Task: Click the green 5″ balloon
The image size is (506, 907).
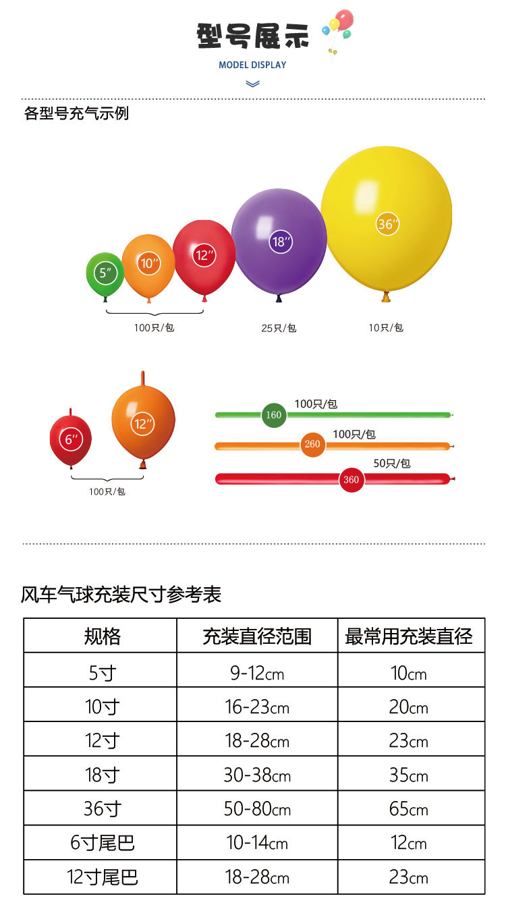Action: click(105, 273)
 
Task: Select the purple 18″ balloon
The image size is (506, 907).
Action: click(279, 241)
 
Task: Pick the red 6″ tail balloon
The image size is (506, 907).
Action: click(70, 440)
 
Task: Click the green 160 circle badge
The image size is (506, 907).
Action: click(273, 415)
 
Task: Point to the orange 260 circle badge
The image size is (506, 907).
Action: click(312, 445)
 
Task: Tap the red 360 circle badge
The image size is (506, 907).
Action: click(351, 480)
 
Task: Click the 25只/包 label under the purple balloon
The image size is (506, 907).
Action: click(279, 328)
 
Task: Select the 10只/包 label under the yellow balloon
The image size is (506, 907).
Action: click(386, 327)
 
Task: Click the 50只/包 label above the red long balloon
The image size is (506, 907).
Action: click(392, 464)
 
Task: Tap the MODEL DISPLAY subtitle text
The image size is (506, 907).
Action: click(252, 65)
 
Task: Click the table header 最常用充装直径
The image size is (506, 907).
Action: click(409, 636)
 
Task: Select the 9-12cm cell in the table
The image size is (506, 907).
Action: click(257, 673)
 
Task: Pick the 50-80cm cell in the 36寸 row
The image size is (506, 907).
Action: click(257, 808)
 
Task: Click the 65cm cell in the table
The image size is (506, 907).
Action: click(409, 808)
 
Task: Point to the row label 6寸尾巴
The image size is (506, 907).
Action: click(102, 843)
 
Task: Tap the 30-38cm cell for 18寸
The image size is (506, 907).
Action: click(257, 775)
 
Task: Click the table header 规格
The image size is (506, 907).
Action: click(102, 636)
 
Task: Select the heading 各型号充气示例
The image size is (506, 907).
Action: click(76, 113)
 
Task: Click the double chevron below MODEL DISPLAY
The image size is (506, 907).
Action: click(252, 84)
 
